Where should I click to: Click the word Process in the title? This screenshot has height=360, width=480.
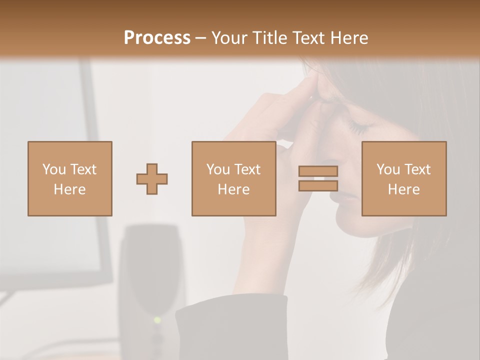(157, 38)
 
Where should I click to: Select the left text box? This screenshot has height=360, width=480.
(70, 178)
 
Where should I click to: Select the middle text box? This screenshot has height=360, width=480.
(234, 178)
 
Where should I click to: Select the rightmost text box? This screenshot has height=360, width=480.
(404, 178)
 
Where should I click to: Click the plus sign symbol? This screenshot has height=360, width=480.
(152, 178)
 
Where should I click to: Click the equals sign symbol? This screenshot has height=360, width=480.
(318, 178)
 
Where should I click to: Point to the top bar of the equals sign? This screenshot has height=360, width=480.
(318, 171)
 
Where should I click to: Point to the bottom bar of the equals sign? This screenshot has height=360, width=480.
(318, 186)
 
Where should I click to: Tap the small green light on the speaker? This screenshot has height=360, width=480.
(157, 319)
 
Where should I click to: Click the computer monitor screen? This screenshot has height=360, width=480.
(45, 165)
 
